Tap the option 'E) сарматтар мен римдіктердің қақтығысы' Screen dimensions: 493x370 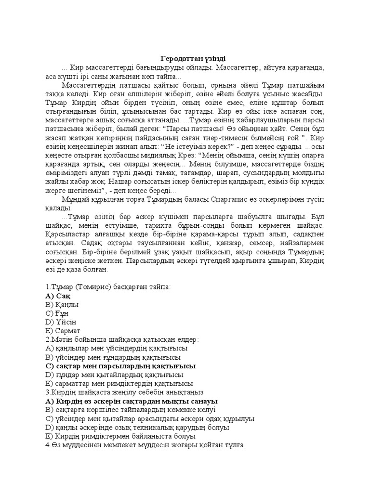(x=119, y=384)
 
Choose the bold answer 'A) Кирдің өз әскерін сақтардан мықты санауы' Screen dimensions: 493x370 (x=131, y=401)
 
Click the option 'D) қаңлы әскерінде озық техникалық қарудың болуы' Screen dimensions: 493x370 (x=136, y=427)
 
